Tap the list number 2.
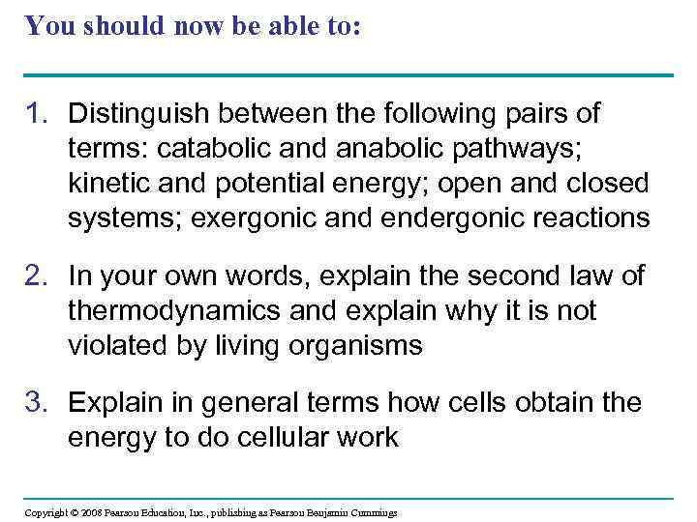click(36, 277)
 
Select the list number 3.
click(36, 402)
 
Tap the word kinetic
click(107, 184)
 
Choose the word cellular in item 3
click(276, 437)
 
